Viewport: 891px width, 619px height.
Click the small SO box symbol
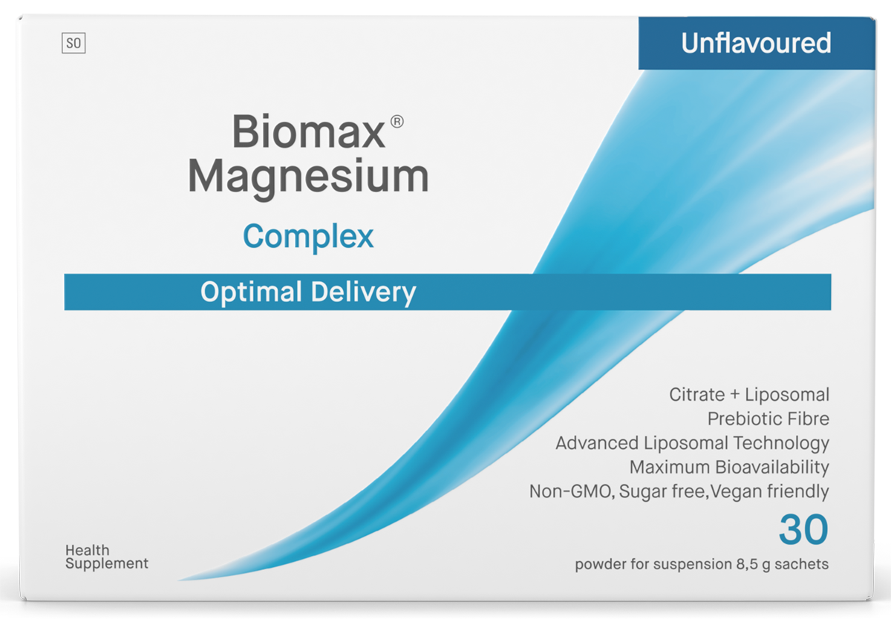pos(74,43)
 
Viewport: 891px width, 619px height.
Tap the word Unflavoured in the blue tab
pos(756,43)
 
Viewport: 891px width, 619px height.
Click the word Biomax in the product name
pos(308,131)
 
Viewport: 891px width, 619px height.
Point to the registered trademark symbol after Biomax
pos(397,122)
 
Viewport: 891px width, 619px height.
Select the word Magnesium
pos(308,177)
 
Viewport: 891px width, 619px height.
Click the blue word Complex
pos(308,237)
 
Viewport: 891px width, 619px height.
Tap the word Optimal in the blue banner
pos(252,292)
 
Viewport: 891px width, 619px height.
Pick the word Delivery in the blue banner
pos(363,293)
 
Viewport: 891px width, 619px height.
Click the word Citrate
pos(697,395)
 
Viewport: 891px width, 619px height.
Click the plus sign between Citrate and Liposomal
pos(734,395)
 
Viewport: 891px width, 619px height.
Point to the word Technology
pos(781,444)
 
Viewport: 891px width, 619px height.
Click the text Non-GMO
pos(572,492)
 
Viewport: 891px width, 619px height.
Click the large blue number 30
pos(803,529)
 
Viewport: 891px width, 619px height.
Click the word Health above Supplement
pos(87,550)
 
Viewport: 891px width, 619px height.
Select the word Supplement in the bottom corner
pos(107,564)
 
